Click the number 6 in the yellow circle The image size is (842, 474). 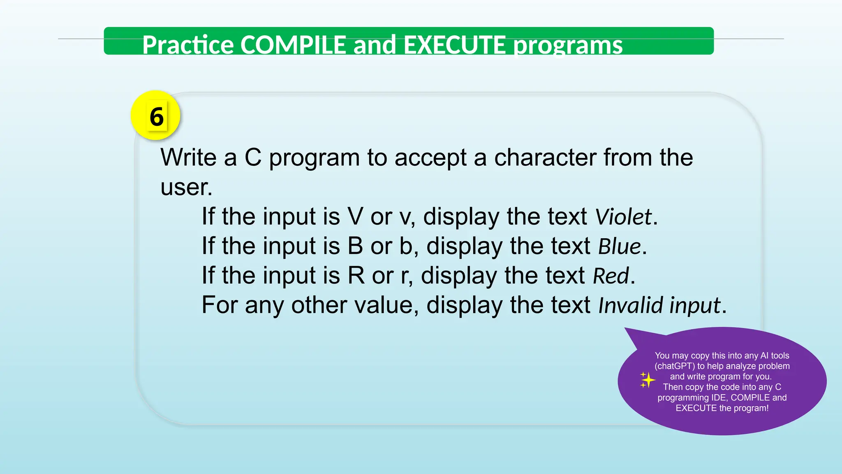point(156,116)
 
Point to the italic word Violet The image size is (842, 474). point(623,217)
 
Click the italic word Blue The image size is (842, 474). point(619,246)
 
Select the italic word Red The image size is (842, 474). point(611,276)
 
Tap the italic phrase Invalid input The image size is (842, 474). point(659,306)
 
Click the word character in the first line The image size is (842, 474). point(545,158)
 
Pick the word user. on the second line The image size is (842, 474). point(186,187)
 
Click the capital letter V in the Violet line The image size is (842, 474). point(355,217)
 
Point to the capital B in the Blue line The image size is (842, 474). point(355,246)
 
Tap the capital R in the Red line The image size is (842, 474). point(356,276)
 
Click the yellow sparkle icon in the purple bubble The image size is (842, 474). point(647,380)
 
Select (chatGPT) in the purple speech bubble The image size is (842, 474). point(674,366)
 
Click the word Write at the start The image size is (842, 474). point(188,158)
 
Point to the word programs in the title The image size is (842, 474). point(568,45)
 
